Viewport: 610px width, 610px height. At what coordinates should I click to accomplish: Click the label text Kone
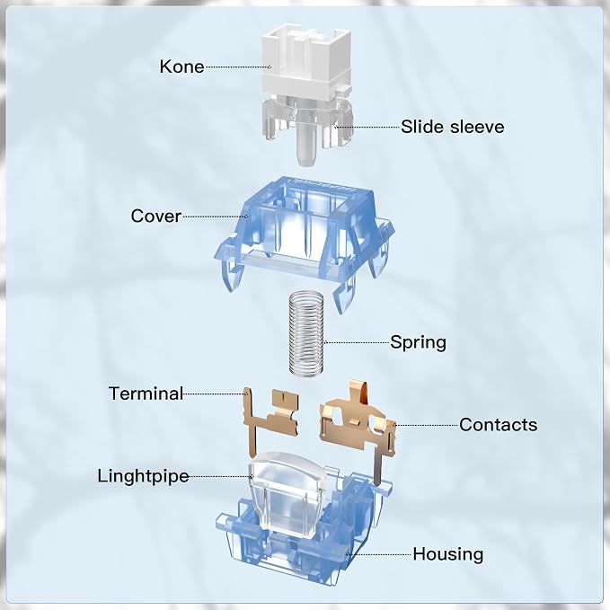pos(182,66)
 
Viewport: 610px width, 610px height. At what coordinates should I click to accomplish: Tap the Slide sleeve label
pos(453,127)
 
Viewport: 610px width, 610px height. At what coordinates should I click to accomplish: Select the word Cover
pos(156,216)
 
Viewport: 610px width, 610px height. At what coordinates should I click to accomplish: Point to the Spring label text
pos(419,342)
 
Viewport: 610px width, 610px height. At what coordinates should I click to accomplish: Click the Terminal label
pos(146,393)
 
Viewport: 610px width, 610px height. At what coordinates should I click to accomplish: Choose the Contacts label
pos(498,424)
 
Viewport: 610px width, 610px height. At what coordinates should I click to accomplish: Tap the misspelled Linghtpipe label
pos(143,476)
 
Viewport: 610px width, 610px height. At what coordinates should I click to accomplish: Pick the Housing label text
pos(448,554)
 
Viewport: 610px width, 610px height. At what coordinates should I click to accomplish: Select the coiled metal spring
pos(306,334)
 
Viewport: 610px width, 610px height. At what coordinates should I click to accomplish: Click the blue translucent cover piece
pos(305,241)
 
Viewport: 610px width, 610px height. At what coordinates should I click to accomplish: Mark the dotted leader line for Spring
pos(357,343)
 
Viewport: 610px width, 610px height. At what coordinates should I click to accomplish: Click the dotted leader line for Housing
pos(379,554)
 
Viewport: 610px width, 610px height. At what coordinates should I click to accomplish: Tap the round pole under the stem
pos(306,144)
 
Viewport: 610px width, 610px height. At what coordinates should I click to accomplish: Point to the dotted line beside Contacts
pos(427,425)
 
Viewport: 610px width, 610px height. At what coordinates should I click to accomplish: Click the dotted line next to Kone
pos(238,66)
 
